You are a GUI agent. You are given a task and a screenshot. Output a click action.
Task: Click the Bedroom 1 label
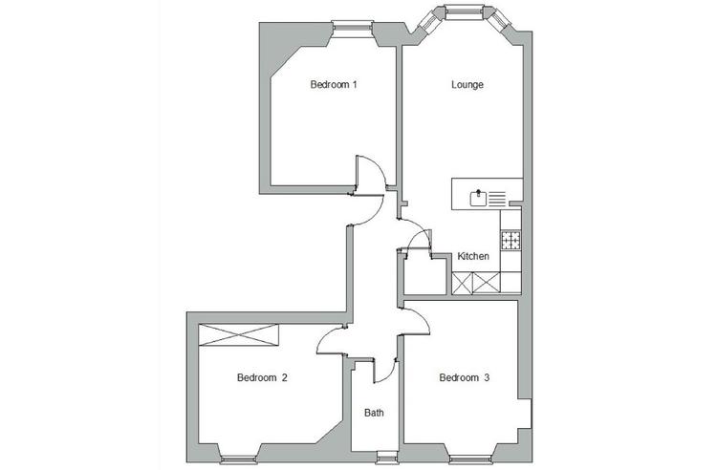334,85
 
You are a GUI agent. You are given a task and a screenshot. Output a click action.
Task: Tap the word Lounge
467,85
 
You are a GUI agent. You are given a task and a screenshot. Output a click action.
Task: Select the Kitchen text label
473,257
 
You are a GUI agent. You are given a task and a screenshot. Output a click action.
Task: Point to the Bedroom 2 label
262,378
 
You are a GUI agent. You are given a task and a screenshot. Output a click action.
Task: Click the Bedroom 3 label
464,378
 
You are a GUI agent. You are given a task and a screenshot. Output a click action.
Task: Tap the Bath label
374,414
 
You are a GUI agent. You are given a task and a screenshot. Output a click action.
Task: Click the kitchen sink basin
477,199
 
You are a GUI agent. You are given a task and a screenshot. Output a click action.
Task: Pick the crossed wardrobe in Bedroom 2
239,335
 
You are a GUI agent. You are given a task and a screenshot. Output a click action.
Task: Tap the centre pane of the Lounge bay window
463,11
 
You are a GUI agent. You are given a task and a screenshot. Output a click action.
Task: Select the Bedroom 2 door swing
330,336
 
